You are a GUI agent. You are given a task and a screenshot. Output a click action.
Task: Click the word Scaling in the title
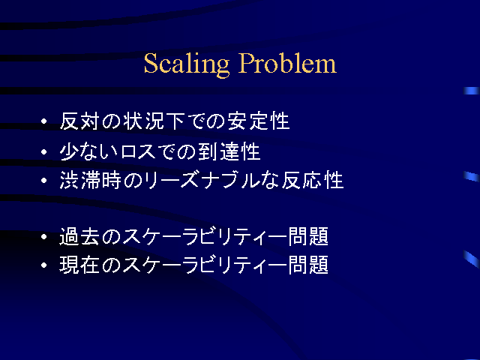click(x=187, y=64)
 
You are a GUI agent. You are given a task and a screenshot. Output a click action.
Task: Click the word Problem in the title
click(x=287, y=63)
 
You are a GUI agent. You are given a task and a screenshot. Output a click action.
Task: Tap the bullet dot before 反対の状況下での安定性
click(x=44, y=121)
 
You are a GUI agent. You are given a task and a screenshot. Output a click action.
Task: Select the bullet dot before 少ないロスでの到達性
click(x=44, y=151)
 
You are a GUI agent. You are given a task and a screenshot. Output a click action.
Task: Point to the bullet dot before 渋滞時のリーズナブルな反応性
click(x=44, y=180)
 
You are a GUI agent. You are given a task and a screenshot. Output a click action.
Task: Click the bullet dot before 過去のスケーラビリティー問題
click(x=44, y=237)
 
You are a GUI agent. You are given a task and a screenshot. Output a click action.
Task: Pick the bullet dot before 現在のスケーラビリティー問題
click(x=44, y=265)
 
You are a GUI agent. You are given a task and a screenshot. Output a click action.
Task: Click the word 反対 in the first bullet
click(x=79, y=121)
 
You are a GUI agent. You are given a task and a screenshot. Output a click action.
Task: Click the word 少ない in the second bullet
click(x=88, y=151)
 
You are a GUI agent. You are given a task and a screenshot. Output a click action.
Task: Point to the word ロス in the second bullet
click(x=139, y=151)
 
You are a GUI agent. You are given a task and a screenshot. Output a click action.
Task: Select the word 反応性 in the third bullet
click(x=313, y=180)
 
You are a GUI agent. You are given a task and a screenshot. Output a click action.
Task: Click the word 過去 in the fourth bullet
click(x=79, y=237)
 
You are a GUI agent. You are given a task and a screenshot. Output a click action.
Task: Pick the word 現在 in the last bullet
click(x=79, y=265)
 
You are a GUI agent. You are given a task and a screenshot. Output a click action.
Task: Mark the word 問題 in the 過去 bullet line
click(x=308, y=237)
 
